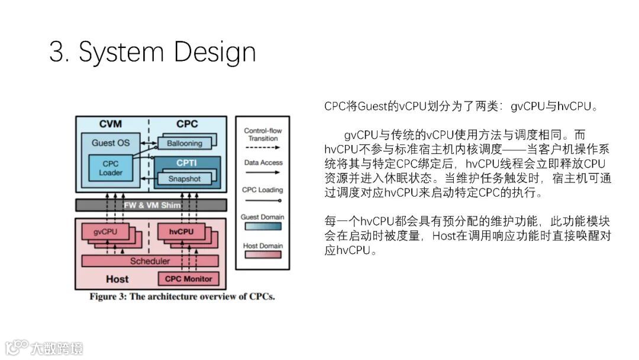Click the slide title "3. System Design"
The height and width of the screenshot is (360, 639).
[152, 52]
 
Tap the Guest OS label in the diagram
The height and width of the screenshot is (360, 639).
[110, 143]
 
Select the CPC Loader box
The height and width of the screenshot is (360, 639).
[110, 168]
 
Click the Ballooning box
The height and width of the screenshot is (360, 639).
[184, 143]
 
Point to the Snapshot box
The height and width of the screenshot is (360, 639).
[184, 179]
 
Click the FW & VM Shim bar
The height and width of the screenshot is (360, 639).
[151, 205]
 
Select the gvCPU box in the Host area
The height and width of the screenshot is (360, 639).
[105, 232]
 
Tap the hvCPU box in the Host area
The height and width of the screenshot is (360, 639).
[181, 232]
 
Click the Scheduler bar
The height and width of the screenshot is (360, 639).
[150, 261]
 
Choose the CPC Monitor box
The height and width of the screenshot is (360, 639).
[188, 278]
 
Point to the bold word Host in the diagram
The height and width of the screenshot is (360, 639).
[117, 278]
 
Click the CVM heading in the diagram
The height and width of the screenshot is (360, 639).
[110, 124]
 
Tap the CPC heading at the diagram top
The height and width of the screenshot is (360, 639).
[187, 124]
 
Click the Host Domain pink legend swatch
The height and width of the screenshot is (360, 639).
[262, 258]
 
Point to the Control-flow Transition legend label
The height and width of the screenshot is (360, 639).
[263, 134]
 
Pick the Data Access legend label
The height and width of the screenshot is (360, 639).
[263, 162]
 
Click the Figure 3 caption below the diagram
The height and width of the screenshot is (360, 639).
[182, 296]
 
